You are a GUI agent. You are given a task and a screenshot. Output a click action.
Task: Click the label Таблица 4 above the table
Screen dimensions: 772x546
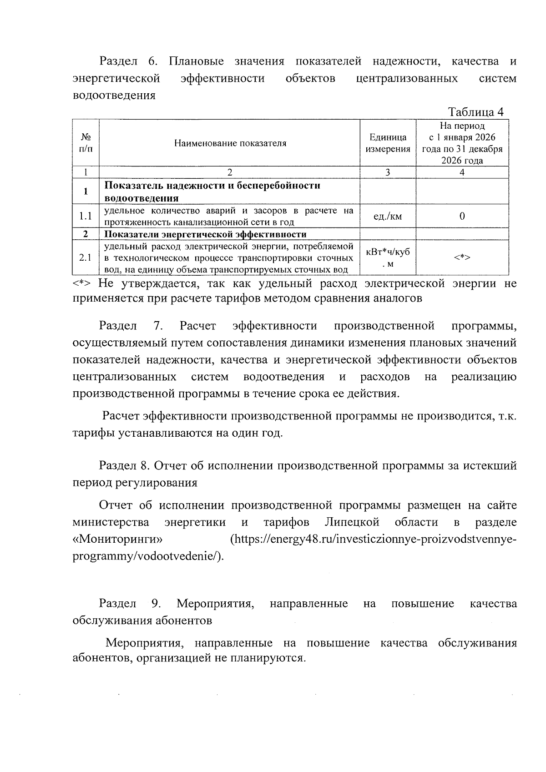tap(475, 112)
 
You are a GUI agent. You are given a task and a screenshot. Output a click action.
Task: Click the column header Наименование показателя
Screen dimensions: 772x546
tap(230, 143)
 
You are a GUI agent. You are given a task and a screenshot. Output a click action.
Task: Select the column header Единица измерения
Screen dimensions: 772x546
tap(388, 143)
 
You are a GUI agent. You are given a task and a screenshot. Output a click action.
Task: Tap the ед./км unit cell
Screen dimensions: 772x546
tap(388, 217)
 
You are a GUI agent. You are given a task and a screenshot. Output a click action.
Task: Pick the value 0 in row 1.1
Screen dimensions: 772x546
tap(462, 217)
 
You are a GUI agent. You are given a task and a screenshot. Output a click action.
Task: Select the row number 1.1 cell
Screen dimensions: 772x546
tap(85, 217)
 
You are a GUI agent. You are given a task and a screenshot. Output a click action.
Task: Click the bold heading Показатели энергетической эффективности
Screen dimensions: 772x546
tap(206, 235)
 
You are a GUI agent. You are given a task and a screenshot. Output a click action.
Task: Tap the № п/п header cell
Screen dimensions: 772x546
tap(85, 143)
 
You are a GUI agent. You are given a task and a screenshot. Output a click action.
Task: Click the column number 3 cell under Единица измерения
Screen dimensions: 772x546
tap(388, 172)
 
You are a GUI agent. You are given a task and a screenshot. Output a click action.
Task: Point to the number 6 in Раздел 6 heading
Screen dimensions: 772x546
tap(152, 61)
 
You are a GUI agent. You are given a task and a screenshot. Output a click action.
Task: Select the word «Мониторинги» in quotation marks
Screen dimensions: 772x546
tap(118, 540)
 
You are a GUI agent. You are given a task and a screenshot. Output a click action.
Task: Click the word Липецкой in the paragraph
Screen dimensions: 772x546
tap(352, 522)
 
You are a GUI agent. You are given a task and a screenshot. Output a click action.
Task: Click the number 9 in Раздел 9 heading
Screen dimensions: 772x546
tap(155, 604)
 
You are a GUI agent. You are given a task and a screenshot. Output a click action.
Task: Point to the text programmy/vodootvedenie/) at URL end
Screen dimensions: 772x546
tap(148, 557)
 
